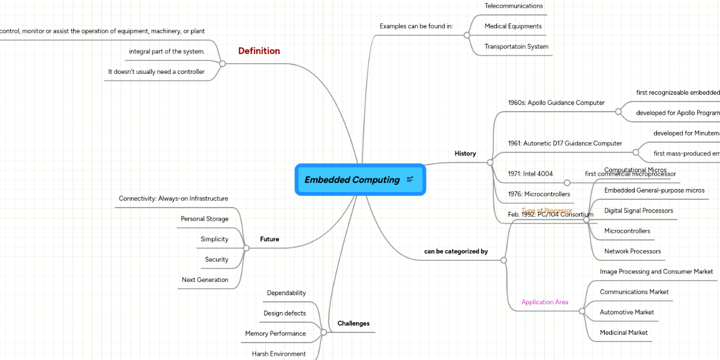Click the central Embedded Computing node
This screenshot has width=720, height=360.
coord(352,179)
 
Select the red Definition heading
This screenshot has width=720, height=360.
coord(259,51)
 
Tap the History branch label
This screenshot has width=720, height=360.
coord(465,154)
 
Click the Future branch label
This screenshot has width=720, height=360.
coord(269,239)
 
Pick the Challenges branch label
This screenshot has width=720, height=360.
coord(353,323)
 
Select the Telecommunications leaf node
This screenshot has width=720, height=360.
coord(514,6)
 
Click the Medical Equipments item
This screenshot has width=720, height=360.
coord(513,26)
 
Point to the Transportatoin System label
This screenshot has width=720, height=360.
coord(517,47)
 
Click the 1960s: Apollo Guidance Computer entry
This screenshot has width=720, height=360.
coord(556,103)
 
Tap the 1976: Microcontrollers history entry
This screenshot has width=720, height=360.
coord(539,194)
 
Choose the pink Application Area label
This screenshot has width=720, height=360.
coord(545,302)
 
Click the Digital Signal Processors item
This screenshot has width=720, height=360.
coord(638,211)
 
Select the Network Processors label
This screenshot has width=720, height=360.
coord(632,251)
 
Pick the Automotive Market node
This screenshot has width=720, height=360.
coord(627,312)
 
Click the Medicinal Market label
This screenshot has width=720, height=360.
coord(624,332)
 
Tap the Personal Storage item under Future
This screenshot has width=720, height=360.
coord(205,219)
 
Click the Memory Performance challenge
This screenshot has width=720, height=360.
coord(275,334)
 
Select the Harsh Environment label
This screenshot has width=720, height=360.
coord(279,354)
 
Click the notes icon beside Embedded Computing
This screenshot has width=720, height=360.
coord(410,179)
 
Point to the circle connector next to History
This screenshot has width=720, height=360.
coord(490,163)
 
